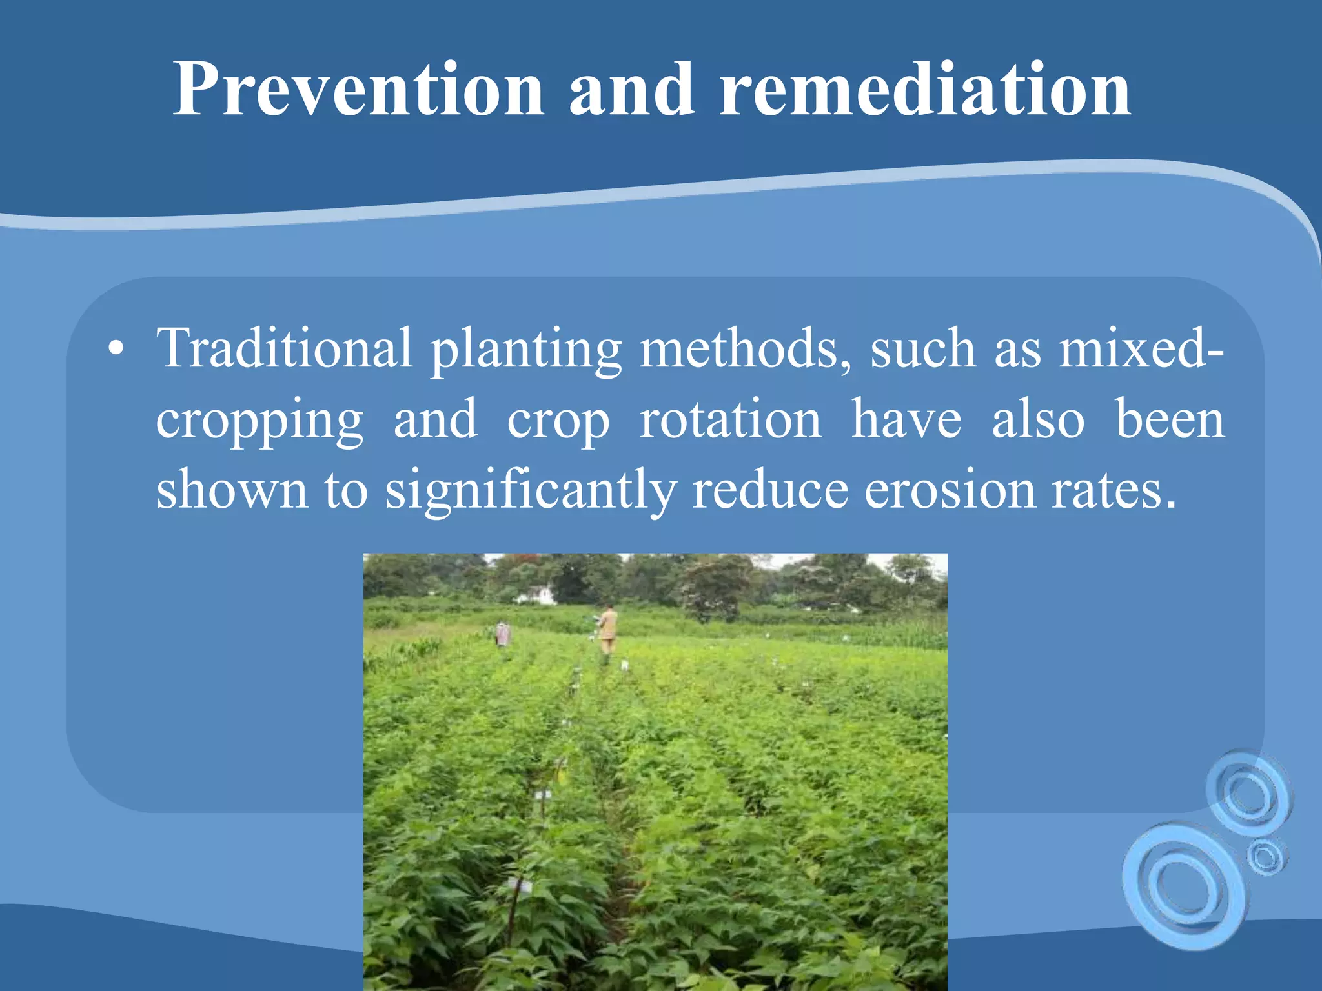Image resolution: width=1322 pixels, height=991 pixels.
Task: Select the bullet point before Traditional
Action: pos(116,350)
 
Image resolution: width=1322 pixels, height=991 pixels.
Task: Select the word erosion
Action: pos(950,490)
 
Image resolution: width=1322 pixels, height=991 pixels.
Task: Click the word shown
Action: pos(232,490)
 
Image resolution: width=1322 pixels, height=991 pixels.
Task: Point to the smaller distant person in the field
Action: pos(502,634)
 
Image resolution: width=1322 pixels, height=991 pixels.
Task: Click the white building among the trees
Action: pos(539,595)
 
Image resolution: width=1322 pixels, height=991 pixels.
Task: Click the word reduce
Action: pos(770,490)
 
